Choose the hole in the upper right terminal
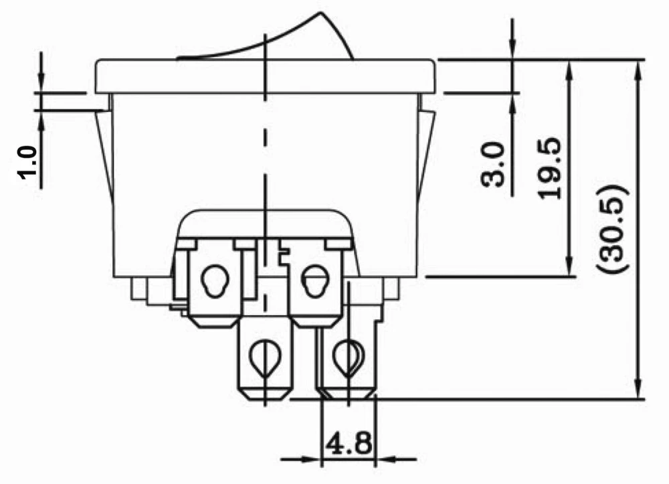(312, 279)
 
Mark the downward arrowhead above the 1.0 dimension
(41, 83)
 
